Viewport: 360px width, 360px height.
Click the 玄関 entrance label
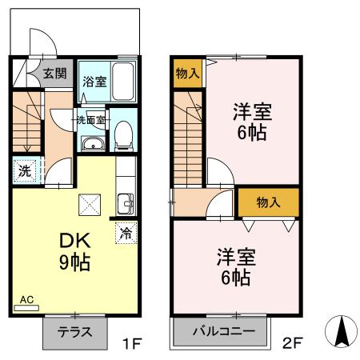pyautogui.click(x=55, y=74)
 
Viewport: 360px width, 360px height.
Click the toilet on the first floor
pyautogui.click(x=124, y=136)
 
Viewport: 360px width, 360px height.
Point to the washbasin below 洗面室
pyautogui.click(x=92, y=144)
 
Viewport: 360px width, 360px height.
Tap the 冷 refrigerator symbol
pyautogui.click(x=125, y=234)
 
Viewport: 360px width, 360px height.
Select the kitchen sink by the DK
pyautogui.click(x=125, y=203)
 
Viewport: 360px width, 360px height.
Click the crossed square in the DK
pyautogui.click(x=90, y=205)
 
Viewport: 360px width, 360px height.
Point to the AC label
pyautogui.click(x=26, y=301)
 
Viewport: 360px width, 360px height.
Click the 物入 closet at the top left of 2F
pyautogui.click(x=188, y=74)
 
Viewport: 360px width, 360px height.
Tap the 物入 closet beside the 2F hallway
pyautogui.click(x=268, y=203)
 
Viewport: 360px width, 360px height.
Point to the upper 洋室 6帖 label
pyautogui.click(x=252, y=122)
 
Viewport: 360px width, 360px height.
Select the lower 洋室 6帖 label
pyautogui.click(x=234, y=268)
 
